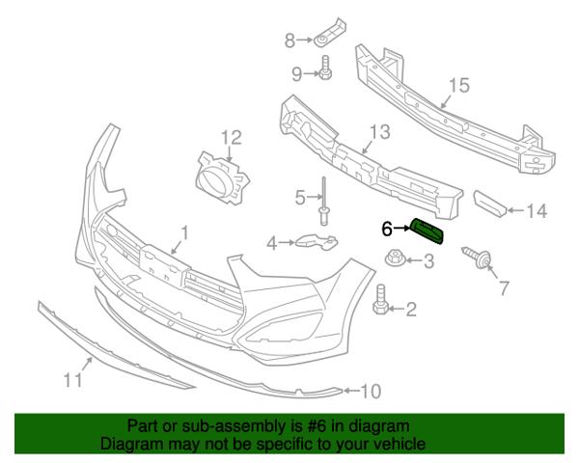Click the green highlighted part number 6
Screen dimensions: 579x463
(427, 231)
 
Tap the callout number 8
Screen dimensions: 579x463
(289, 41)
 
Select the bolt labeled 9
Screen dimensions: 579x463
(325, 68)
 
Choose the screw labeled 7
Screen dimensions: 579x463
(478, 258)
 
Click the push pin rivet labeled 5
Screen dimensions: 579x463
(324, 201)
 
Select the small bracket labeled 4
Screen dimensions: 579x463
(317, 241)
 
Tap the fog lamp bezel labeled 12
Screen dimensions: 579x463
(222, 177)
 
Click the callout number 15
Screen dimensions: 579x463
(459, 85)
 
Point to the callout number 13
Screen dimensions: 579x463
(380, 132)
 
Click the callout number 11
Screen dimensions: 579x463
(72, 379)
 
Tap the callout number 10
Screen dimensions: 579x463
(370, 391)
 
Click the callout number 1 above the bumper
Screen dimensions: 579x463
(184, 233)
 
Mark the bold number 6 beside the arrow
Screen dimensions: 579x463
(387, 229)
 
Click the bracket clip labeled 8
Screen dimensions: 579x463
(330, 32)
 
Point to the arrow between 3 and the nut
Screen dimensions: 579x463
(414, 260)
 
